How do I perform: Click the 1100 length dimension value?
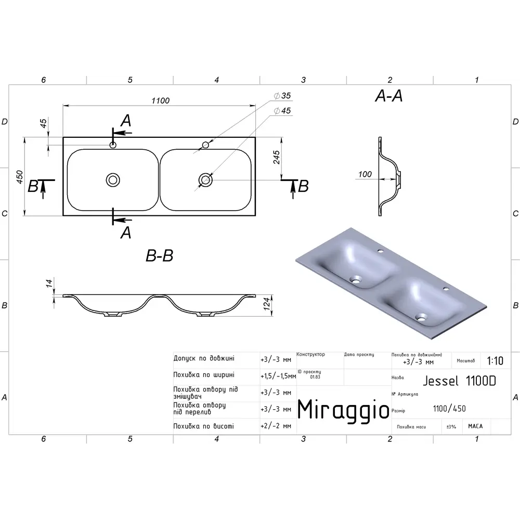161,100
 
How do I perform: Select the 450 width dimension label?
20,177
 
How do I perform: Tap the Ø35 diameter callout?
282,96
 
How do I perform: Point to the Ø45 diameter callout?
282,111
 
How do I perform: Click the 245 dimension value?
277,157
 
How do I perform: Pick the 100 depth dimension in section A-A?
365,174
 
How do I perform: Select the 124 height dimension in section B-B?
267,304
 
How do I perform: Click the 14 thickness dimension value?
49,283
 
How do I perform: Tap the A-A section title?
388,96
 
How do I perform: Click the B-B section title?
160,256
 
